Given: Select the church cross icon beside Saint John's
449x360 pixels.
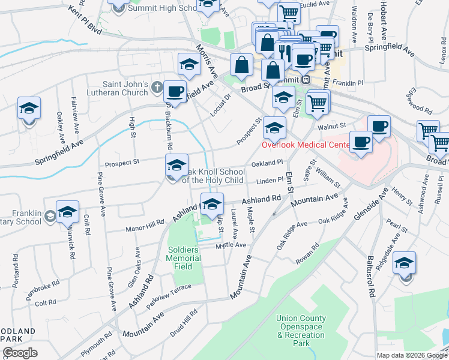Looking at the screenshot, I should coord(157,88).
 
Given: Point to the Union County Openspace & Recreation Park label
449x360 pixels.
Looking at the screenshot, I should coord(301,331).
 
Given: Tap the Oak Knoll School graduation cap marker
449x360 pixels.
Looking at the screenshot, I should coord(176,165).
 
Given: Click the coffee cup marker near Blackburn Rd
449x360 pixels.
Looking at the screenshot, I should coord(175,92).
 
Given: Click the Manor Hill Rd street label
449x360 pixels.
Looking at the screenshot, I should coord(145,226).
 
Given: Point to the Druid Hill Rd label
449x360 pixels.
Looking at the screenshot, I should coord(185,324).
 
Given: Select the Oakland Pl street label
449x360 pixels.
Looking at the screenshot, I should coord(267,163).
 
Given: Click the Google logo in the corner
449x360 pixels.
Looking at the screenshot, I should coord(20,353).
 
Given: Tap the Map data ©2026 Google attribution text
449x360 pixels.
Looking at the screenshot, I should coord(411,355).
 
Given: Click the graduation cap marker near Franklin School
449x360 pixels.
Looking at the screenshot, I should coord(67,212).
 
